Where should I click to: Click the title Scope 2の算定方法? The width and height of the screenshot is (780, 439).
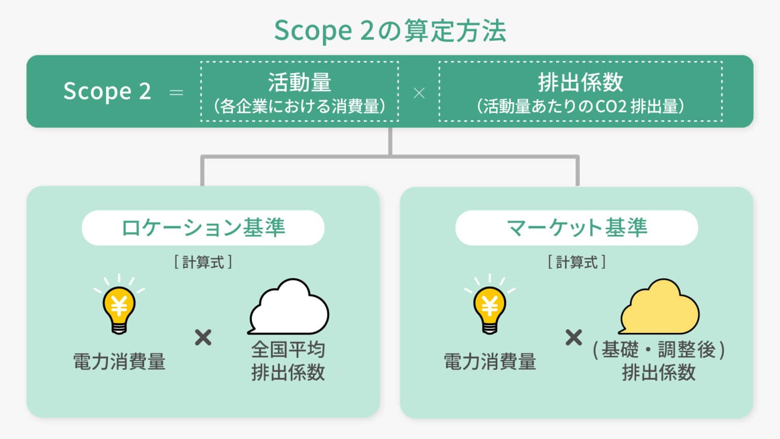(390, 30)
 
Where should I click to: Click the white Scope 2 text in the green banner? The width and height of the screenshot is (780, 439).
(107, 92)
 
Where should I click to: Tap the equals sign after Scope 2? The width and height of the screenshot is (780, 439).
(176, 92)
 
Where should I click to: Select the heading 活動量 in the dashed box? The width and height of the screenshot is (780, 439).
(300, 82)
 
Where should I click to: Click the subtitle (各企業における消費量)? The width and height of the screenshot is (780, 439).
(300, 106)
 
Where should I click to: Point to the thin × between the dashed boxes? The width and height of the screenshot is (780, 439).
(419, 93)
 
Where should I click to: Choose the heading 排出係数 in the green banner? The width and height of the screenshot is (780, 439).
(580, 82)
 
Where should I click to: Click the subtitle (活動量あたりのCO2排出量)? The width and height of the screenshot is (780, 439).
(580, 106)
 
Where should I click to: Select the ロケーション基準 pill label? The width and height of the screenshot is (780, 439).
(203, 228)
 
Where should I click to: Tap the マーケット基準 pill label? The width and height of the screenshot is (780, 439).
(577, 228)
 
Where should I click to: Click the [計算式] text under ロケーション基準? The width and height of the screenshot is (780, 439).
(203, 262)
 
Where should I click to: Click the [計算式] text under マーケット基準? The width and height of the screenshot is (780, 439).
(577, 262)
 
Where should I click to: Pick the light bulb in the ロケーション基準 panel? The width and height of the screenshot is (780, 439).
(119, 308)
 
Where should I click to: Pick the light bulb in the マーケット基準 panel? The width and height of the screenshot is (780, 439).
(490, 308)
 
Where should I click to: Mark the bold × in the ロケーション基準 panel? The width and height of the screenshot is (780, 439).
(203, 337)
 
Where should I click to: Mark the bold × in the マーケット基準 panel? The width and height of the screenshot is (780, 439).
(574, 337)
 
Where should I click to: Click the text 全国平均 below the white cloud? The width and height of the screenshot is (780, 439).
(288, 350)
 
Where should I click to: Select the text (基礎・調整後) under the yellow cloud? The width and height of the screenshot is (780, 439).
(659, 350)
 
